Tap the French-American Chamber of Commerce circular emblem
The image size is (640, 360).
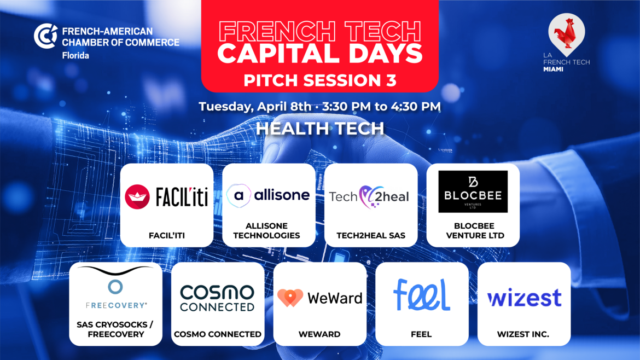click(x=45, y=36)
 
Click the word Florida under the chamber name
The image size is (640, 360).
click(x=75, y=55)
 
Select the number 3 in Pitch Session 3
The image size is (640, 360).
click(x=391, y=80)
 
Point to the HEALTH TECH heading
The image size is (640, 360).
click(x=320, y=129)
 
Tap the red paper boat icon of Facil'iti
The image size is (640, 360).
click(x=137, y=197)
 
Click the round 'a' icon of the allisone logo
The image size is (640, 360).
click(x=239, y=195)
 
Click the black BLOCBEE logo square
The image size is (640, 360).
click(x=473, y=191)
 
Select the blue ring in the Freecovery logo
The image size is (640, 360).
click(x=115, y=287)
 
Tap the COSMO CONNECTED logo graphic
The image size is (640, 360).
click(x=218, y=298)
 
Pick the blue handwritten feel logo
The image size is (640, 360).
click(x=422, y=295)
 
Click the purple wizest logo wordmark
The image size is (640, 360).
click(x=525, y=298)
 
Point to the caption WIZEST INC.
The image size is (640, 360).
click(x=523, y=334)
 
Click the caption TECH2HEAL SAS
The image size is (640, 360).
click(x=371, y=235)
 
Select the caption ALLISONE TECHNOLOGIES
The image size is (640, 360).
click(x=266, y=231)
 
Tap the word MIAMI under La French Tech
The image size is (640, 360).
click(x=553, y=69)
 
